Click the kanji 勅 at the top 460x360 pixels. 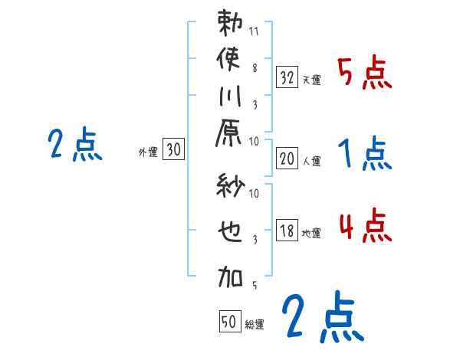pyautogui.click(x=231, y=25)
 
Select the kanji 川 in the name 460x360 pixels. pyautogui.click(x=231, y=97)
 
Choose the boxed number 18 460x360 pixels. pyautogui.click(x=287, y=231)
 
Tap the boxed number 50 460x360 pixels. pyautogui.click(x=228, y=322)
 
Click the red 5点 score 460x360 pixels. pyautogui.click(x=364, y=74)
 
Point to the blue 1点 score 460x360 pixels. pyautogui.click(x=364, y=155)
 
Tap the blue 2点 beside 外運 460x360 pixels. pyautogui.click(x=75, y=146)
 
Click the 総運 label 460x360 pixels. pyautogui.click(x=255, y=325)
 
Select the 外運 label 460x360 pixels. pyautogui.click(x=148, y=152)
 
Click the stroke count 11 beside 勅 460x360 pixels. pyautogui.click(x=255, y=33)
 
